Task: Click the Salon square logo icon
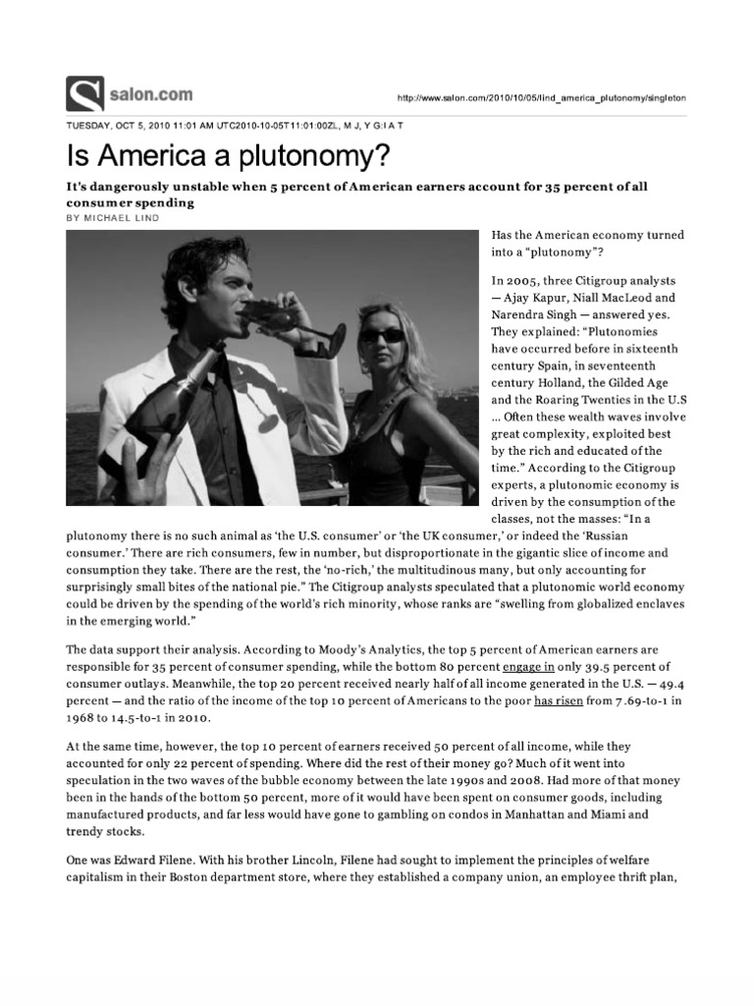click(84, 93)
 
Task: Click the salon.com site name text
click(150, 95)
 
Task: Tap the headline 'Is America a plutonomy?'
click(227, 155)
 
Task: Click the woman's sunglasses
click(383, 335)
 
